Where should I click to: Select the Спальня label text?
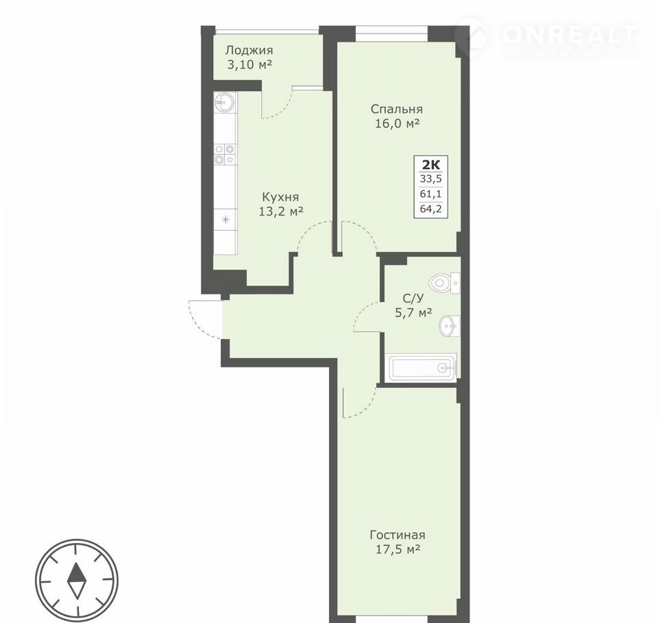[397, 110]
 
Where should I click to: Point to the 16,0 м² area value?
[397, 124]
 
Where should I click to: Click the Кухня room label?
[281, 197]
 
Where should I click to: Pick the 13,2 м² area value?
[281, 212]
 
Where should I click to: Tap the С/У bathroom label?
[413, 298]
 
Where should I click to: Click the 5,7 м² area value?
[413, 313]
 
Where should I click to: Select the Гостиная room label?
[398, 535]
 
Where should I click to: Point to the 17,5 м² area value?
[398, 549]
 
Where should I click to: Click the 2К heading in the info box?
[431, 164]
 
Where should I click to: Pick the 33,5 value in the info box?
[431, 179]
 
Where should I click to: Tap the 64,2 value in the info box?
[431, 208]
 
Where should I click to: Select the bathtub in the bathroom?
[422, 368]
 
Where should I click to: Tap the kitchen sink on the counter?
[225, 102]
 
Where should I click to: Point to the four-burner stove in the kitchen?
[225, 154]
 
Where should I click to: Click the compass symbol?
[77, 581]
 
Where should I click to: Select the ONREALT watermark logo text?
[569, 34]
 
